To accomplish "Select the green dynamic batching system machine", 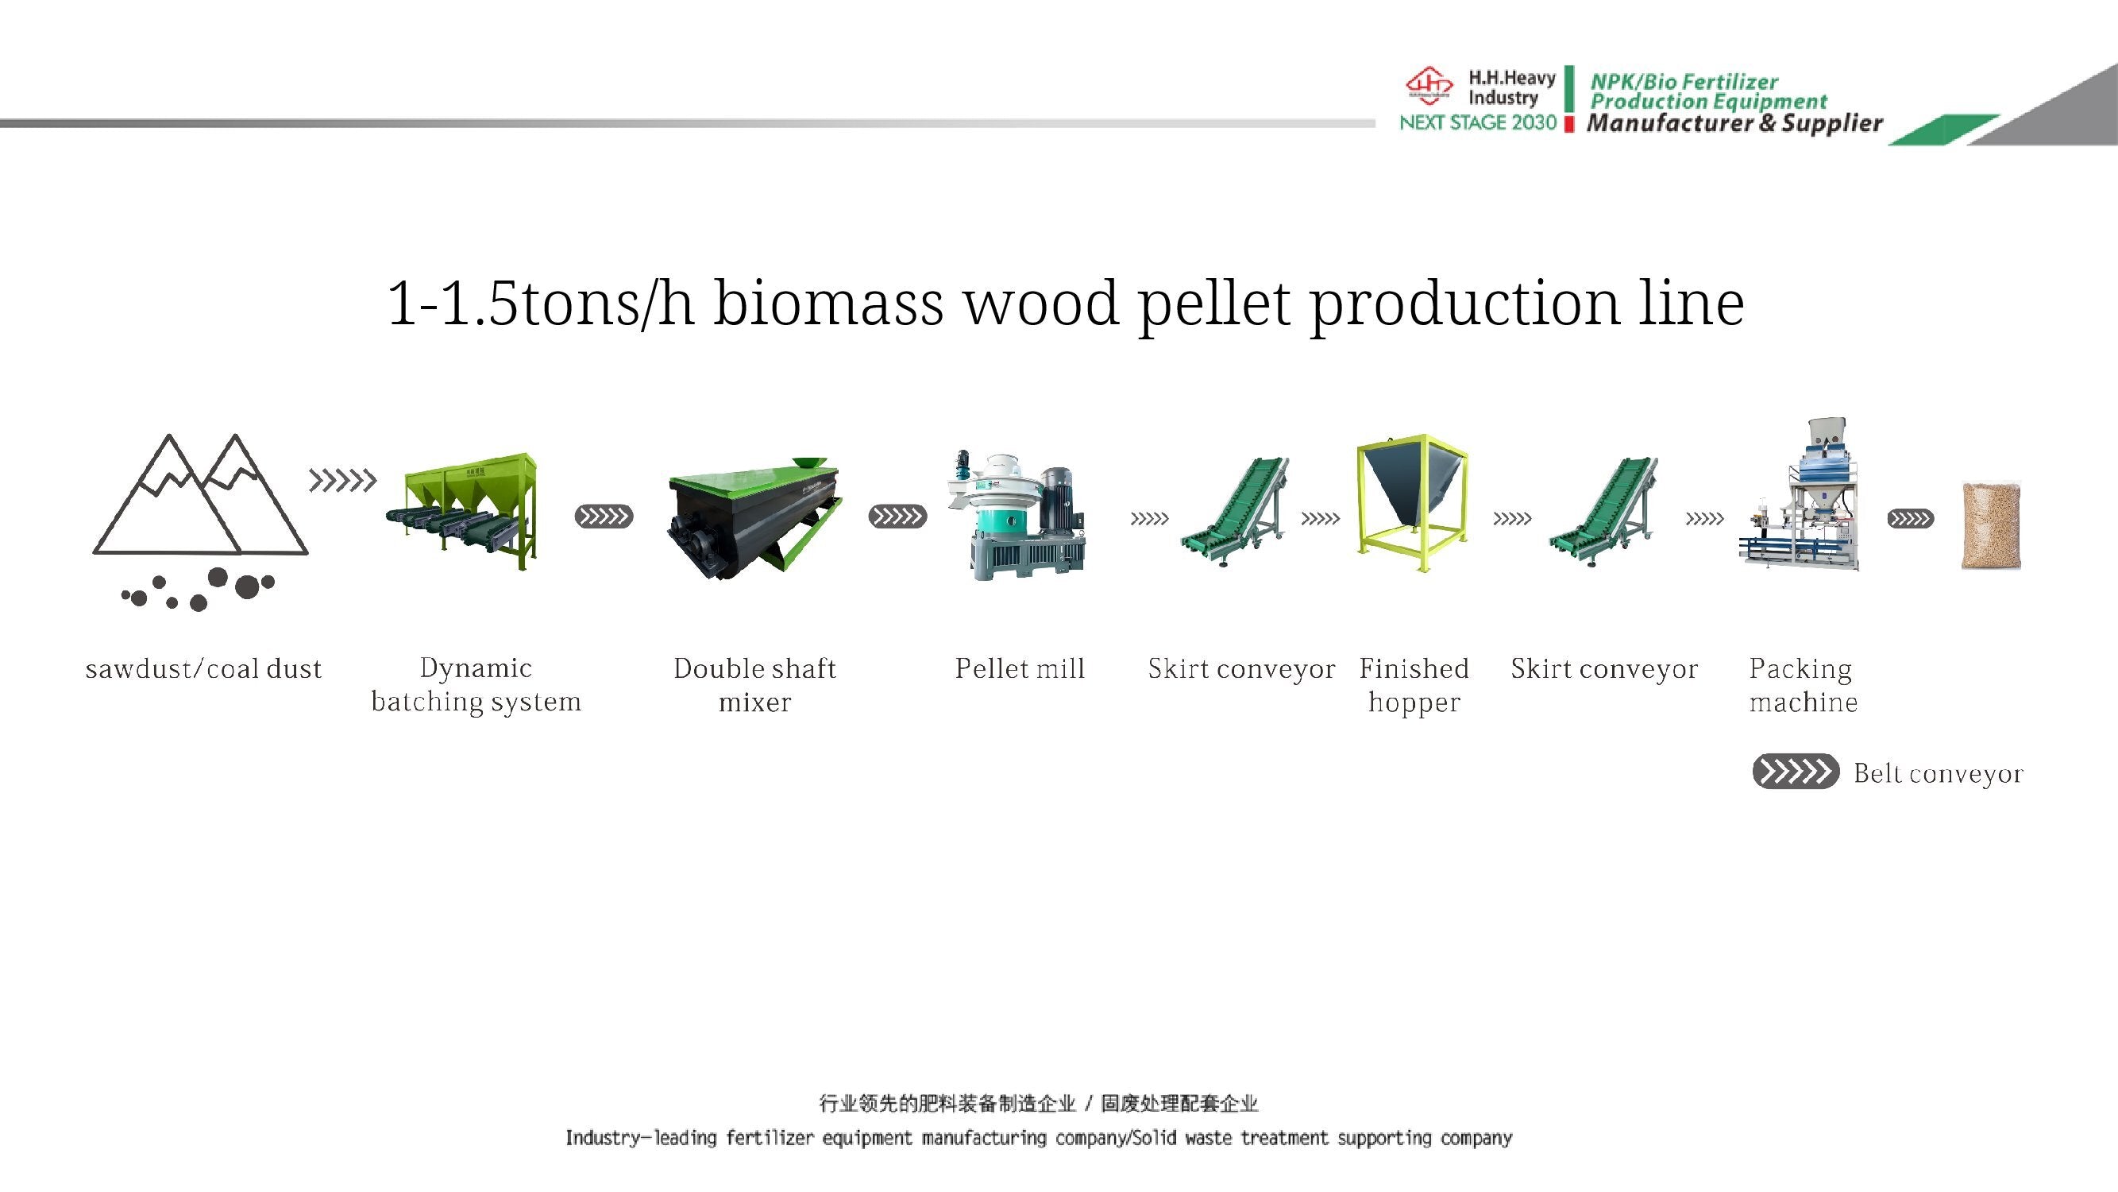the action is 462,511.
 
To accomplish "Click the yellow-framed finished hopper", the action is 1412,503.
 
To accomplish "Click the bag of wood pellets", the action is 1991,525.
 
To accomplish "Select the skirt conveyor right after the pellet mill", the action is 1234,512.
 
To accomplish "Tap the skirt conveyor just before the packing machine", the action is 1603,512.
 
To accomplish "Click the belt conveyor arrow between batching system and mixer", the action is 604,517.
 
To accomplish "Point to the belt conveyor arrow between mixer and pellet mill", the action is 897,517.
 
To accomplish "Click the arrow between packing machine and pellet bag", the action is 1910,519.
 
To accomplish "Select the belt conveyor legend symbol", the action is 1796,772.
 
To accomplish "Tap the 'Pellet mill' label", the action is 1020,669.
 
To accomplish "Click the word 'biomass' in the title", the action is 828,303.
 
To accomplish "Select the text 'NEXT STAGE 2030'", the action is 1477,122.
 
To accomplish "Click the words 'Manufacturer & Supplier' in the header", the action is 1735,123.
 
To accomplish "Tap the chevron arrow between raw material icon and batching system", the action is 343,481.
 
